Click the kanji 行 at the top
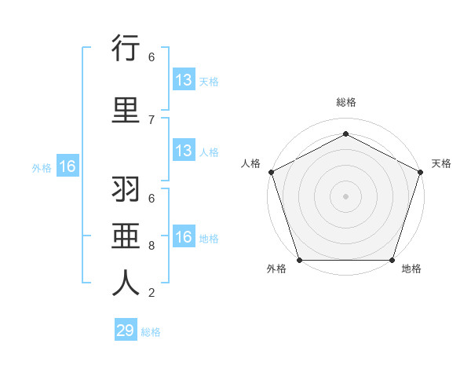(x=126, y=49)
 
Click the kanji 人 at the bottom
(x=126, y=283)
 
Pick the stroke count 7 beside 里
(x=152, y=119)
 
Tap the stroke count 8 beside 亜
(x=152, y=245)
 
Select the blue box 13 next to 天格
(x=183, y=80)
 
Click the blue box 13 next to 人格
(x=183, y=152)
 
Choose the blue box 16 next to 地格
(x=183, y=237)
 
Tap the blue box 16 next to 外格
(x=67, y=166)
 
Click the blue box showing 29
(x=126, y=331)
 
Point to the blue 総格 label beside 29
(x=151, y=332)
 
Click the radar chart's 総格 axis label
(x=345, y=103)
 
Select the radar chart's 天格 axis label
(x=441, y=163)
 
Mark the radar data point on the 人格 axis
(x=271, y=172)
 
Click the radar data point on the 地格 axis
(x=392, y=260)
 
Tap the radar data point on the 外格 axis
(x=299, y=260)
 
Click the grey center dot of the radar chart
(x=345, y=196)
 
